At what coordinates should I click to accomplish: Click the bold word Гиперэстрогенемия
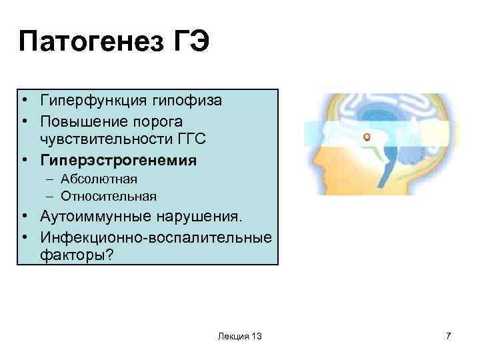118,160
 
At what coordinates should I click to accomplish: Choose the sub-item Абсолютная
99,179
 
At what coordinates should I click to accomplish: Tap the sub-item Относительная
108,196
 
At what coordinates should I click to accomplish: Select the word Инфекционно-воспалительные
156,237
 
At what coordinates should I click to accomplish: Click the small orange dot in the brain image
366,137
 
